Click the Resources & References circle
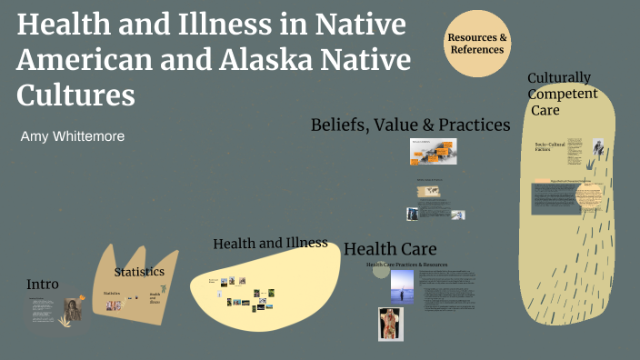pos(477,44)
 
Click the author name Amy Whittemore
pos(73,135)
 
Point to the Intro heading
pos(43,284)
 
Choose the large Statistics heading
pos(139,272)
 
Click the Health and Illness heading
pos(270,243)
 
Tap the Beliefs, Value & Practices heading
pos(410,125)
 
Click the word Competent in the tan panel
pos(563,94)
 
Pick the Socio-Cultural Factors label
pos(550,147)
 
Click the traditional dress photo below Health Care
pos(391,324)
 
